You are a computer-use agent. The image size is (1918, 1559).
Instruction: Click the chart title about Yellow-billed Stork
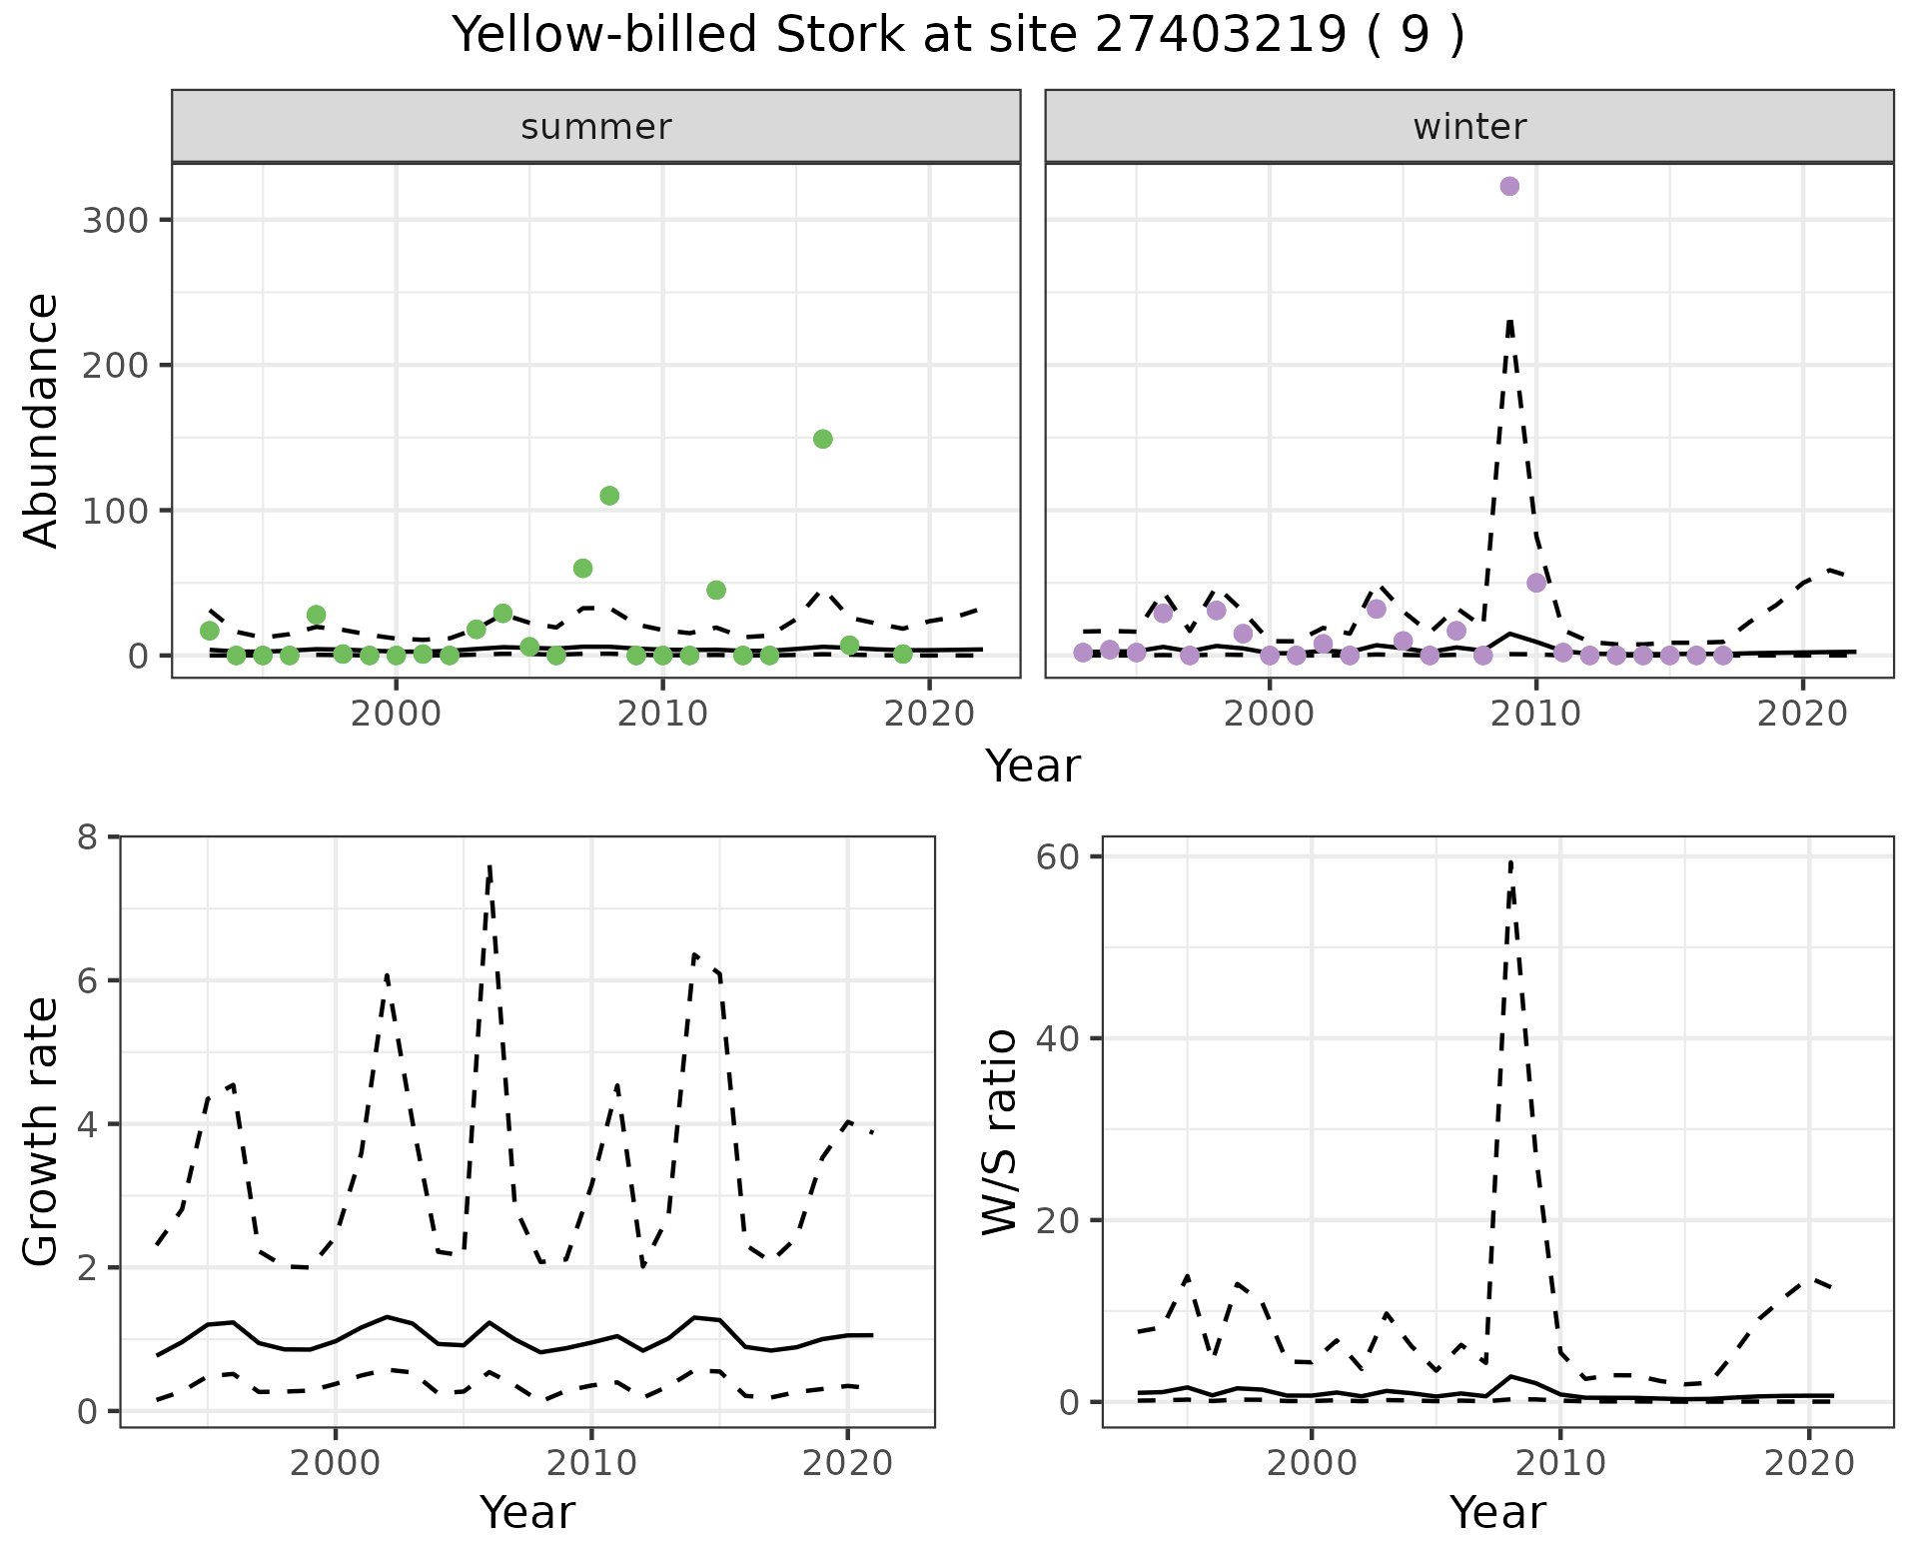tap(958, 36)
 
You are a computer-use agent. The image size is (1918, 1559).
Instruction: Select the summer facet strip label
tap(596, 127)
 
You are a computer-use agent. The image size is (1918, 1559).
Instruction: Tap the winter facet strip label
tap(1468, 127)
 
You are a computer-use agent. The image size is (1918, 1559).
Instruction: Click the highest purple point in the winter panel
tap(1509, 187)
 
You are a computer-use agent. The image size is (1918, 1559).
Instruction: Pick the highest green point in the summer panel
tap(823, 439)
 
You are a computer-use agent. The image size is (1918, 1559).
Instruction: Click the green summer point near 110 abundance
tap(609, 496)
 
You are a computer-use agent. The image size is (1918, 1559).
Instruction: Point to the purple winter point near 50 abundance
tap(1536, 583)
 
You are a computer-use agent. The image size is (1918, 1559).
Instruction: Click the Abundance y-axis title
tap(42, 420)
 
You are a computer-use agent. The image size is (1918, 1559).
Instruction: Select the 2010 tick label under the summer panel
tap(662, 715)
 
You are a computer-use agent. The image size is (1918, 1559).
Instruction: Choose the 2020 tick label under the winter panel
tap(1802, 715)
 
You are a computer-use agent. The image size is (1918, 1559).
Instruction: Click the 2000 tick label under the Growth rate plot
tap(335, 1464)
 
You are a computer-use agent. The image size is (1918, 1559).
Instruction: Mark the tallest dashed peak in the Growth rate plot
tap(489, 867)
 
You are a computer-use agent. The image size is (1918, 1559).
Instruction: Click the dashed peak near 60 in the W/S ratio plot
tap(1510, 861)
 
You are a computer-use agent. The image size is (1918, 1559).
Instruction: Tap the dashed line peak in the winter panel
tap(1509, 322)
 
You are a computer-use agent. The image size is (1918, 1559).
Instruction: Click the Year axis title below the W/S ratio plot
tap(1496, 1512)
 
